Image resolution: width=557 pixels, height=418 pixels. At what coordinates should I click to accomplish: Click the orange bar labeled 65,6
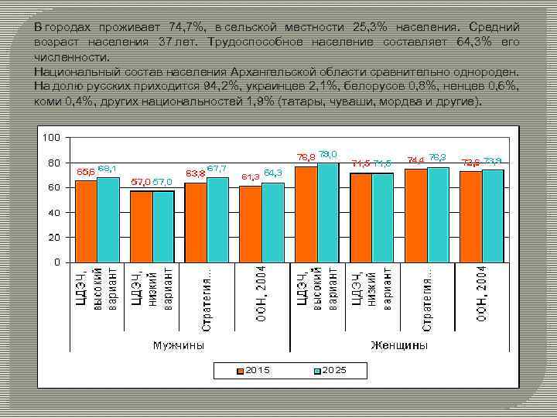[86, 221]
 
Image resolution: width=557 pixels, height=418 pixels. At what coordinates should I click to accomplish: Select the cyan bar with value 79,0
[327, 212]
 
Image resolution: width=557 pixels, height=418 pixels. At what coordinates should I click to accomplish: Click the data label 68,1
[108, 168]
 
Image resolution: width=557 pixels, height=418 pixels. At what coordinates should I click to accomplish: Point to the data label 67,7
[217, 168]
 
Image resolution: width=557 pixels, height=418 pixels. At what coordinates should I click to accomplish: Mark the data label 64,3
[273, 172]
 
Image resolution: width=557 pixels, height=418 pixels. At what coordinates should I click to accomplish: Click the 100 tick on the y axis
[51, 138]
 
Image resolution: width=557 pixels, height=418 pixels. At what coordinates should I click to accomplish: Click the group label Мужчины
[179, 345]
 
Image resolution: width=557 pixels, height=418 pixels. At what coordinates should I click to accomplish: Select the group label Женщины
[399, 345]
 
